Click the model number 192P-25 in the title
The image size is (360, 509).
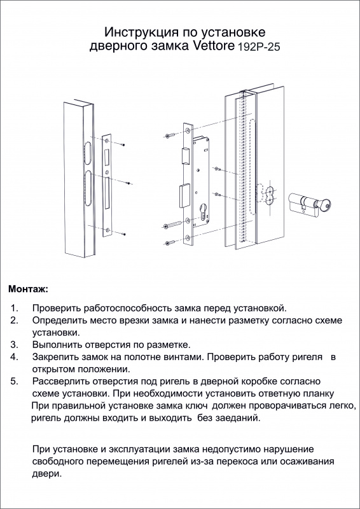pos(259,47)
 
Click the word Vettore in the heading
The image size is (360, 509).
pos(214,46)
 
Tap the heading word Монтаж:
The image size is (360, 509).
pos(28,289)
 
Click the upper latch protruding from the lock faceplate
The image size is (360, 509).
pos(186,155)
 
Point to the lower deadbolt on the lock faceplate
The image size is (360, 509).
pos(184,195)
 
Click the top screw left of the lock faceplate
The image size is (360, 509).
pos(169,136)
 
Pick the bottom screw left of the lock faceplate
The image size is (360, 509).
pos(169,242)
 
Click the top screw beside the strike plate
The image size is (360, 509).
pos(123,144)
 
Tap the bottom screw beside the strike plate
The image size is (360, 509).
pos(123,234)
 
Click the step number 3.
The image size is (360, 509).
pos(14,344)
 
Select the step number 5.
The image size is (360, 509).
pos(14,380)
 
